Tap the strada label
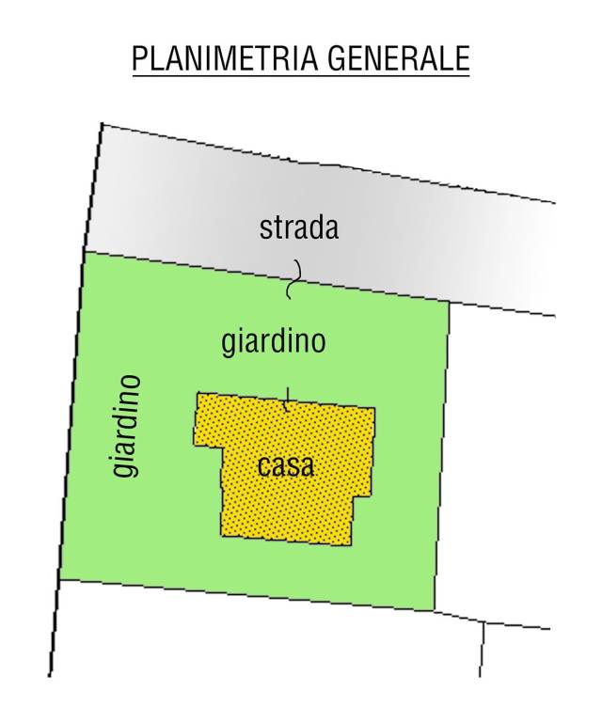(299, 228)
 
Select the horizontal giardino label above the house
(274, 341)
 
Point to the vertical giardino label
(128, 425)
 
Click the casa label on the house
(285, 466)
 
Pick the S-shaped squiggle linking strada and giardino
(293, 279)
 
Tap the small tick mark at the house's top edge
(287, 399)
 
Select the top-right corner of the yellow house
(375, 409)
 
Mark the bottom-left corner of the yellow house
(222, 536)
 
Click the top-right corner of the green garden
(449, 304)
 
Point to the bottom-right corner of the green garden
(435, 610)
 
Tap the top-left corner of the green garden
(86, 252)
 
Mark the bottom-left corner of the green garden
(60, 580)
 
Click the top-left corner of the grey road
(101, 124)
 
